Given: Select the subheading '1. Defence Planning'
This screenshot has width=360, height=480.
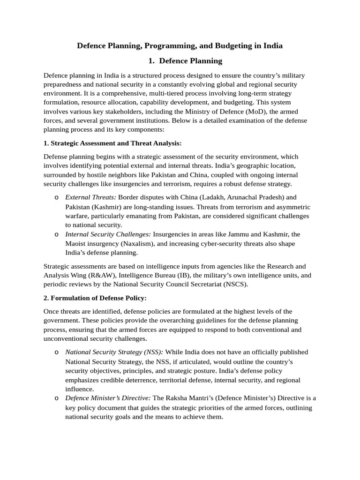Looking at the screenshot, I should pos(180,61).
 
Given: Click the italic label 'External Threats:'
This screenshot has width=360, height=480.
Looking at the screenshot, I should pos(90,197).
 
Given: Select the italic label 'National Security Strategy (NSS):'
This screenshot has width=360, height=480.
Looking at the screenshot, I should pos(114,352).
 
